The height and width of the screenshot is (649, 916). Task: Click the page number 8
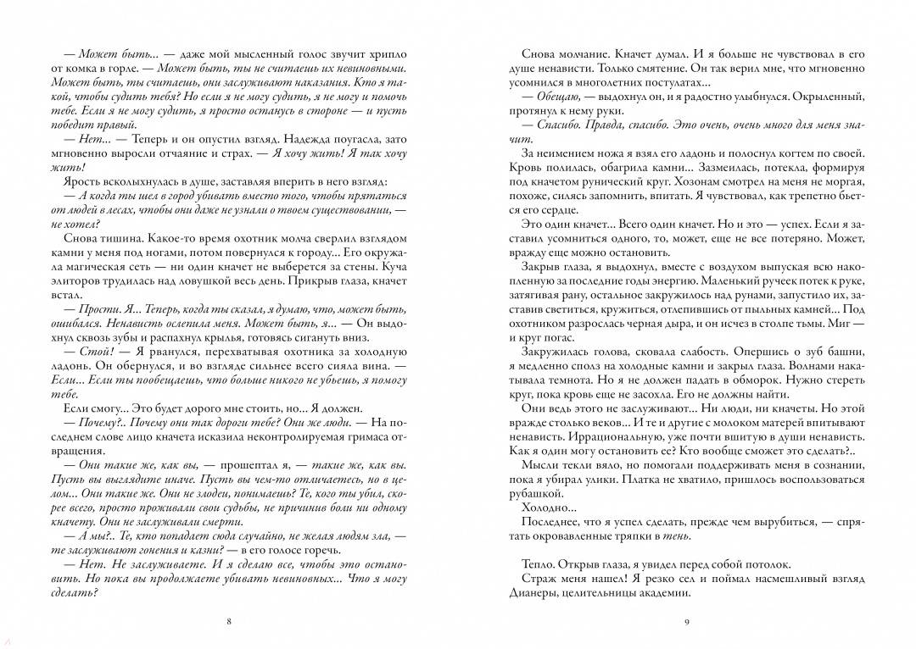[229, 622]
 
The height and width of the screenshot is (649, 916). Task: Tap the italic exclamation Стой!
[93, 351]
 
